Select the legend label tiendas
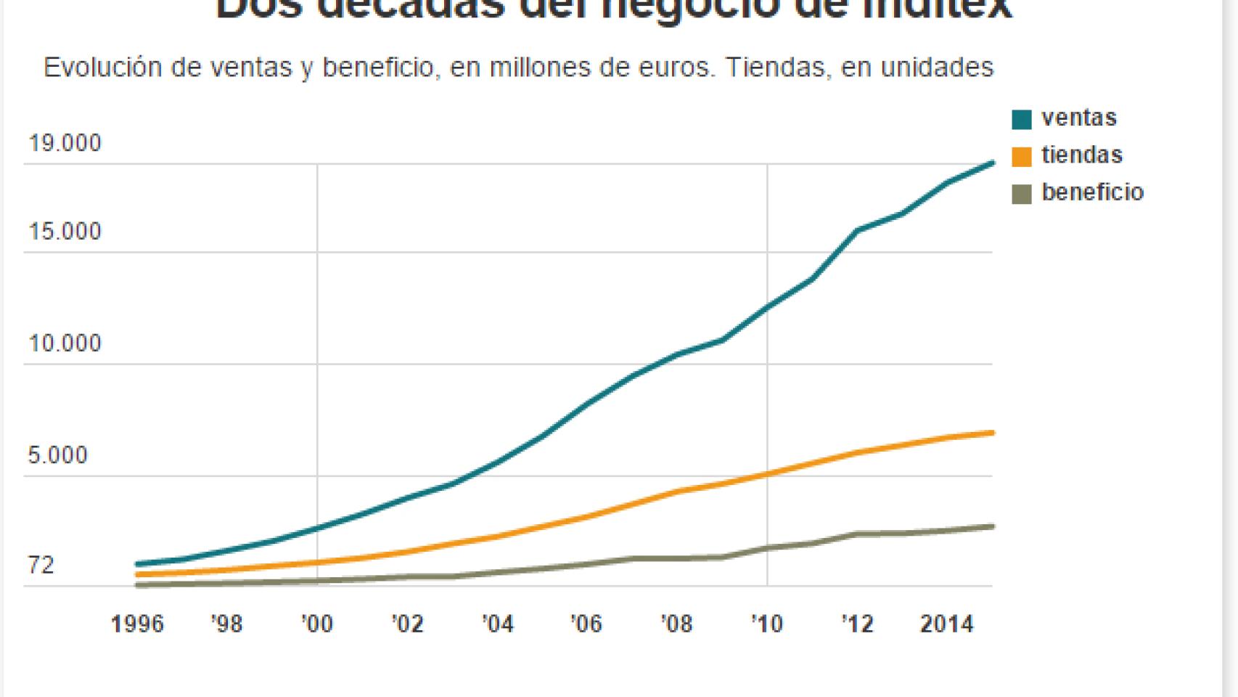coord(1081,155)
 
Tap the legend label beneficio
coord(1092,192)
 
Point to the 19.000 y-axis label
coord(65,144)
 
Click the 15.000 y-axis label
coord(65,232)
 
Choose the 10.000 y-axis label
coord(65,344)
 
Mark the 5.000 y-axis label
coord(57,456)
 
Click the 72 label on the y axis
coord(41,566)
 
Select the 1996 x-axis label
coord(137,624)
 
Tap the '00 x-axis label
coord(316,624)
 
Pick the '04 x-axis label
coord(497,624)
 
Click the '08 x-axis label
coord(676,624)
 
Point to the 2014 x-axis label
coord(946,624)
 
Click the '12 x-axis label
coord(857,624)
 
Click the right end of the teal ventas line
coord(991,163)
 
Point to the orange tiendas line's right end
coord(991,433)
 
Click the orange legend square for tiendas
coord(1021,157)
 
